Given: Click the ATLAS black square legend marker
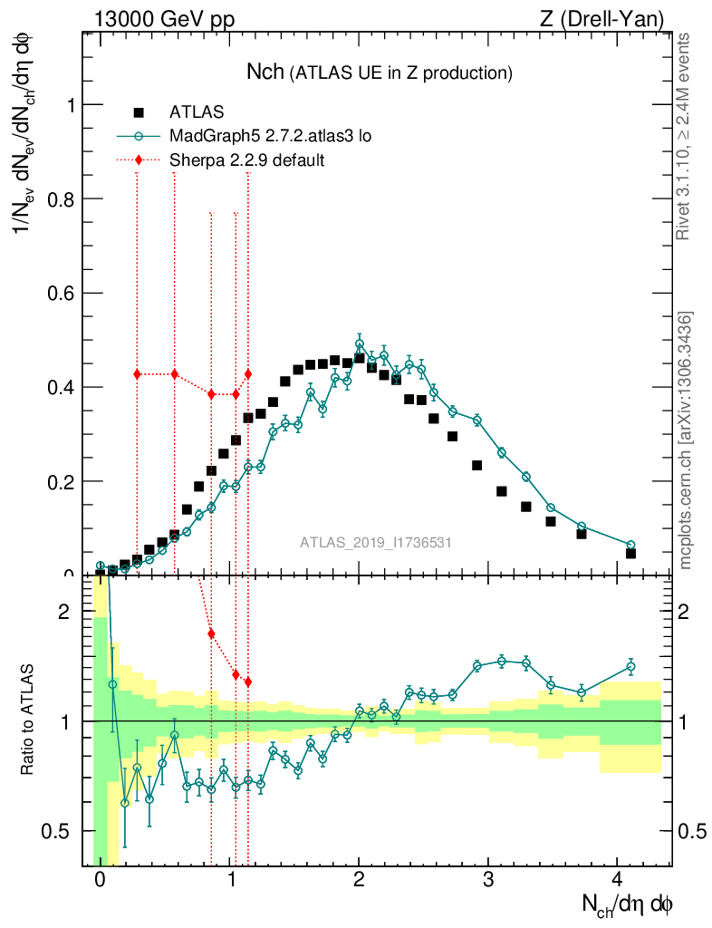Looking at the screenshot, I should point(139,112).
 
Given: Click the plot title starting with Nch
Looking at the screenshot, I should point(380,72).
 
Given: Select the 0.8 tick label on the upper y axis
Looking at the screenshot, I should point(60,199).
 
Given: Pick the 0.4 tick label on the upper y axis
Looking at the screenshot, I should point(60,388).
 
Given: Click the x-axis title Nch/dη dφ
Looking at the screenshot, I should point(627,904).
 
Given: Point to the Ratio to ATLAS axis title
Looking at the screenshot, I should point(28,720).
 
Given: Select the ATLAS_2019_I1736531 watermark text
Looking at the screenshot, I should point(376,542).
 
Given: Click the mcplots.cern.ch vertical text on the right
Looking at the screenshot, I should point(687,440).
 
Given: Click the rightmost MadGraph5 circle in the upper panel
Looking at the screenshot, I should point(630,545).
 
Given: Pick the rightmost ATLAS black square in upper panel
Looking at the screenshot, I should point(630,553).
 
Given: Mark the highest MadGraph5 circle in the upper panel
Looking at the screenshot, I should point(360,344).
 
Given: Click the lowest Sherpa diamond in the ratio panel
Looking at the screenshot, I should point(247,681).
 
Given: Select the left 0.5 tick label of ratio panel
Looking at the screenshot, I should point(60,831).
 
